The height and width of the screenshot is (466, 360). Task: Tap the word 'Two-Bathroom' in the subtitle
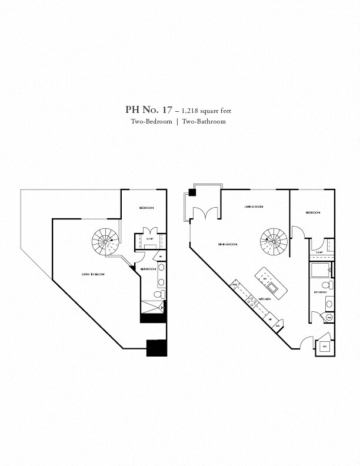[x=204, y=121]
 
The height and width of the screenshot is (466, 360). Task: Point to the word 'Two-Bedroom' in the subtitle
[x=152, y=121]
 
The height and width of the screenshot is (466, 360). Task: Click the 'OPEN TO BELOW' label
[x=93, y=275]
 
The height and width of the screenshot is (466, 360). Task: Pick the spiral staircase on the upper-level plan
[x=105, y=241]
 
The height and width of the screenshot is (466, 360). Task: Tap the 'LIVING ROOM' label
[x=254, y=207]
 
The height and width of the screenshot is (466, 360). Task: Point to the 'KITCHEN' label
[x=264, y=299]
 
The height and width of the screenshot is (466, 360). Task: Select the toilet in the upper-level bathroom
[x=158, y=295]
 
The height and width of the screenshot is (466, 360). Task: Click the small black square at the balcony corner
[x=192, y=192]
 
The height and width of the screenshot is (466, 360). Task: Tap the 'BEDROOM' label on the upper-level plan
[x=146, y=208]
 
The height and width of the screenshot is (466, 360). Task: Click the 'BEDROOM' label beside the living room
[x=313, y=212]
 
